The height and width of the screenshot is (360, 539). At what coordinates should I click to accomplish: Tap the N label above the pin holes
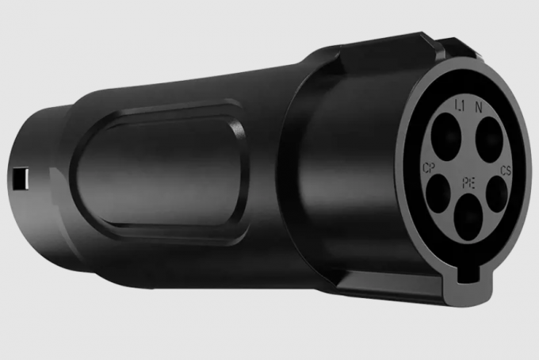(x=479, y=106)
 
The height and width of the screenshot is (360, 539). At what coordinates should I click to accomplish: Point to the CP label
(x=429, y=169)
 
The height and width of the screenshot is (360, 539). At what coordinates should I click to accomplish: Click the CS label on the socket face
(x=506, y=171)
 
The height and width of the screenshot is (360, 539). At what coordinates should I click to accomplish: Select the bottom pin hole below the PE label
(x=468, y=217)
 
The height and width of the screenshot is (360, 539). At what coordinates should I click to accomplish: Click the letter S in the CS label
(x=508, y=171)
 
